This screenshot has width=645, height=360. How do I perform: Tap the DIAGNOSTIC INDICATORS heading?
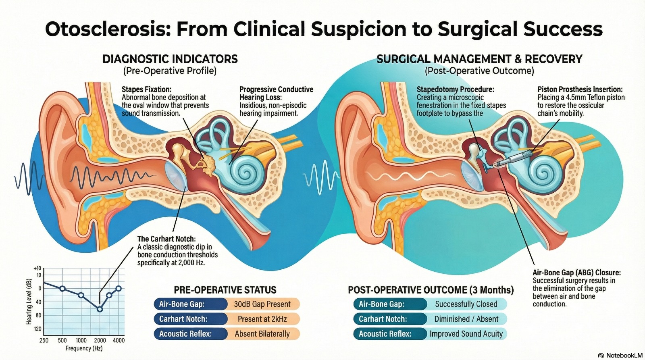point(170,59)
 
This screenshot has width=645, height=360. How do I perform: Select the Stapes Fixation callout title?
point(146,89)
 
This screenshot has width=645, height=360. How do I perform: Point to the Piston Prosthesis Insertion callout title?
point(580,89)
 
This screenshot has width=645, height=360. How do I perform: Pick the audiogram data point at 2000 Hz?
point(100,309)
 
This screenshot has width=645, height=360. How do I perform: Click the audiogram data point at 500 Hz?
point(62,288)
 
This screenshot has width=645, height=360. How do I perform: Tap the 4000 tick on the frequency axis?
point(119,340)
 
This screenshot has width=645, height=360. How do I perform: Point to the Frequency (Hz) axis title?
point(84,348)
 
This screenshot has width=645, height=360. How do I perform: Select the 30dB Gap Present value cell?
point(262,304)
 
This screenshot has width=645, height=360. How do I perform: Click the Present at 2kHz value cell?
point(262,319)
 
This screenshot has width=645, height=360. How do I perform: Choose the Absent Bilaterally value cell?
point(262,334)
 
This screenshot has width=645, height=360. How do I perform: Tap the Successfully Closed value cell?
point(466,304)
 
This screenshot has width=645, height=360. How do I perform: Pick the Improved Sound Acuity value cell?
point(466,334)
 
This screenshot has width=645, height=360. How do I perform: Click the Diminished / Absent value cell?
point(466,319)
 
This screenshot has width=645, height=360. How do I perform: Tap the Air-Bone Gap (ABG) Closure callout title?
point(576,273)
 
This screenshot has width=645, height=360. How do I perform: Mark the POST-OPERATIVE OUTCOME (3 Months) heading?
point(431,290)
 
